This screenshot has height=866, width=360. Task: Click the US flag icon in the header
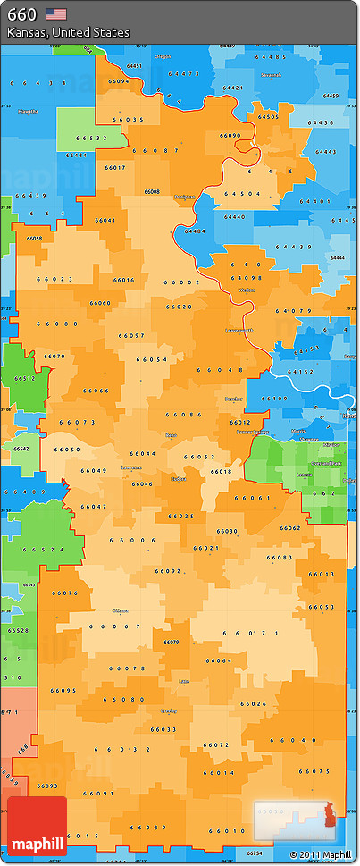[56, 13]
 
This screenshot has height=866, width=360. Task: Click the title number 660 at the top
[21, 14]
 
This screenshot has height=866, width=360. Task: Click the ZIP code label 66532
[91, 139]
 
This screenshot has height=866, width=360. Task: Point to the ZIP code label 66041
[104, 220]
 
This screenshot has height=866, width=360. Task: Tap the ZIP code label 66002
[181, 282]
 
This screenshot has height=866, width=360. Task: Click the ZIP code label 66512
[24, 378]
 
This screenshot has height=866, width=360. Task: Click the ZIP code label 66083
[279, 558]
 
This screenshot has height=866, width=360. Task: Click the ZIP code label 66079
[172, 642]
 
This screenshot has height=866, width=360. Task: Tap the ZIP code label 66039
[148, 827]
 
